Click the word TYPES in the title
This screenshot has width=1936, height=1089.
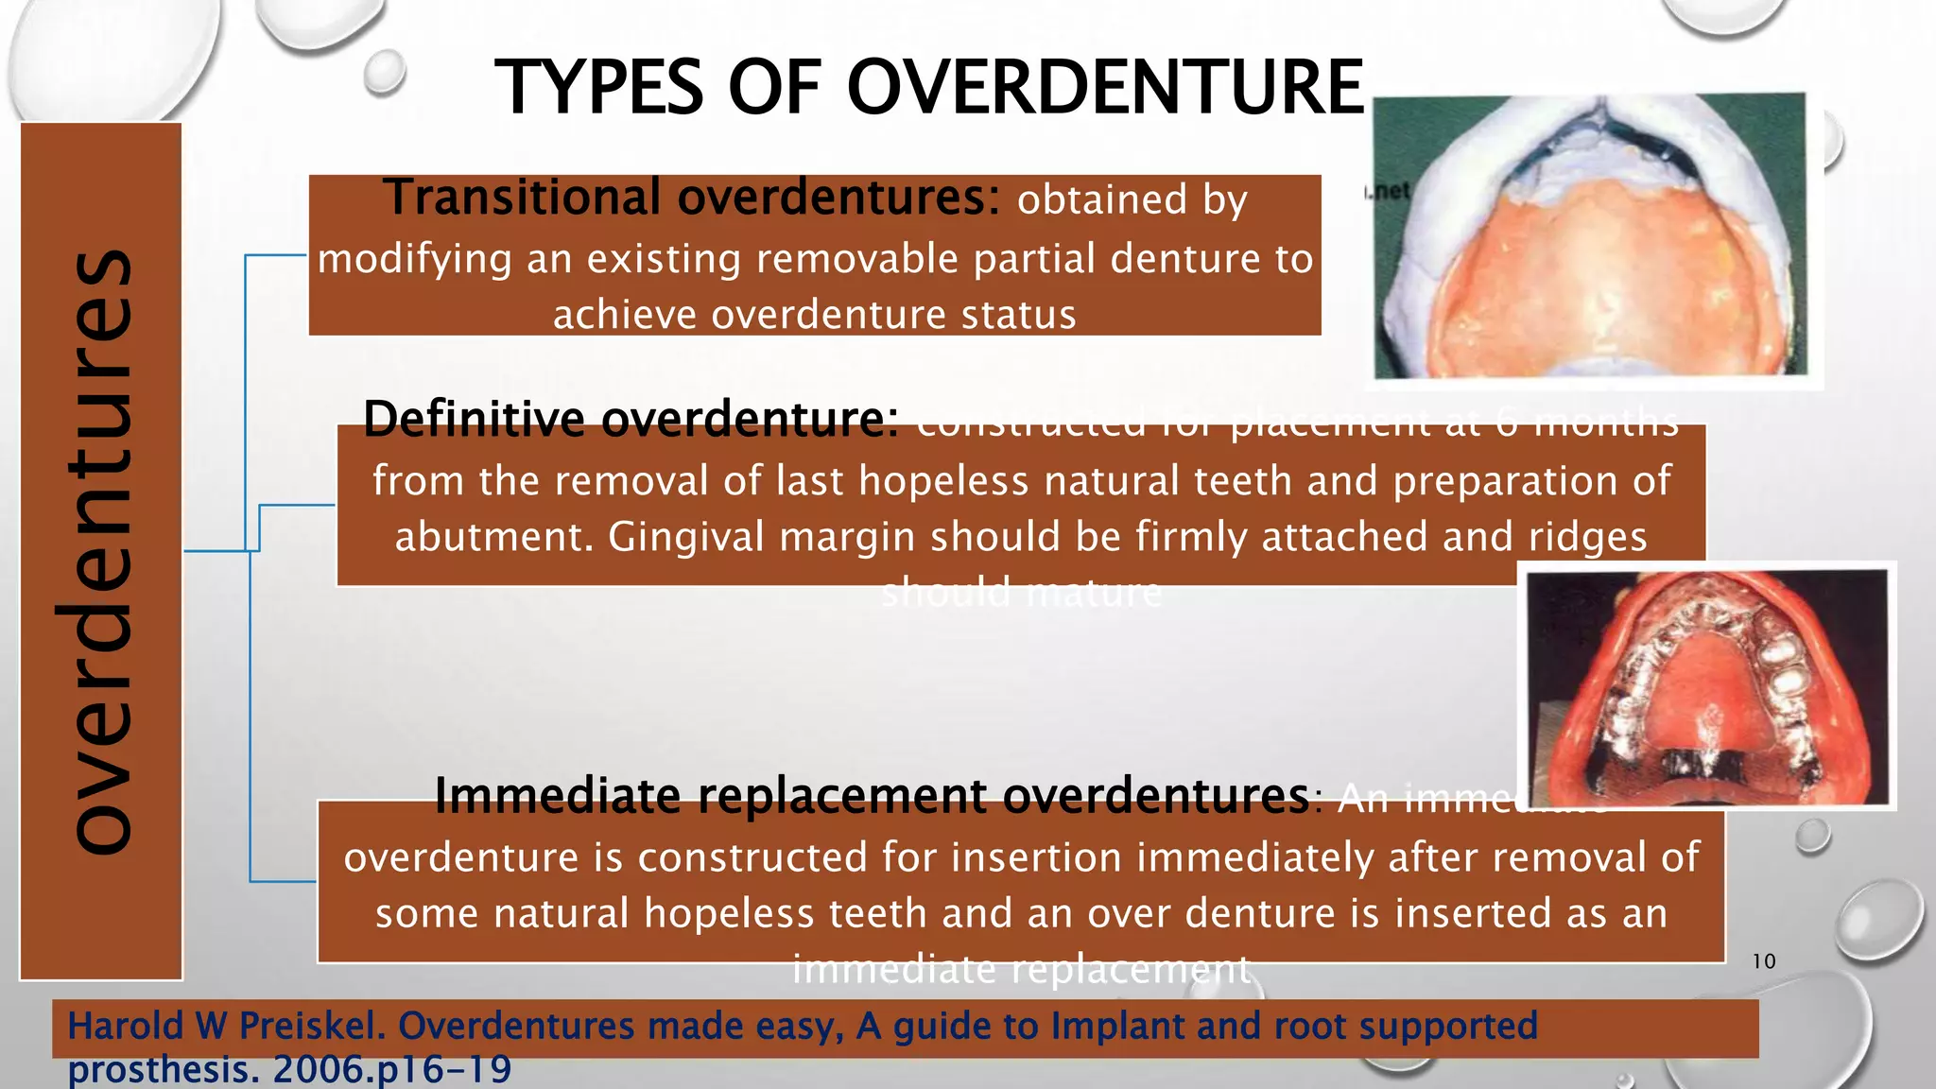pyautogui.click(x=599, y=88)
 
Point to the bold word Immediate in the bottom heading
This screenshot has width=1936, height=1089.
pyautogui.click(x=558, y=796)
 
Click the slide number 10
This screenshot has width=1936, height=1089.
pyautogui.click(x=1764, y=961)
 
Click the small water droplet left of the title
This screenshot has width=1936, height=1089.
pyautogui.click(x=384, y=72)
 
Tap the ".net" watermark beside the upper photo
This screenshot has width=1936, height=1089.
pyautogui.click(x=1388, y=192)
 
